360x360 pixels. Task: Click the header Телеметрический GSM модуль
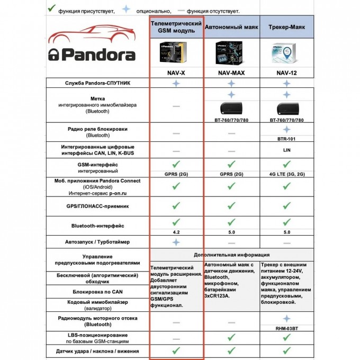point(176,26)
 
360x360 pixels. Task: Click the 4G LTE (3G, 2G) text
point(286,174)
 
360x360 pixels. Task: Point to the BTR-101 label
point(286,139)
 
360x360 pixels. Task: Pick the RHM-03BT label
point(286,328)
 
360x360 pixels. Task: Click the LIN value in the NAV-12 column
point(286,150)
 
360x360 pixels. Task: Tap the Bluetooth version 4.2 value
point(176,232)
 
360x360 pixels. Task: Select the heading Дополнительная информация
point(231,255)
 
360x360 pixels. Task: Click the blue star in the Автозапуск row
point(176,242)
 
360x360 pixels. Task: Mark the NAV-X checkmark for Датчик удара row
point(176,350)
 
